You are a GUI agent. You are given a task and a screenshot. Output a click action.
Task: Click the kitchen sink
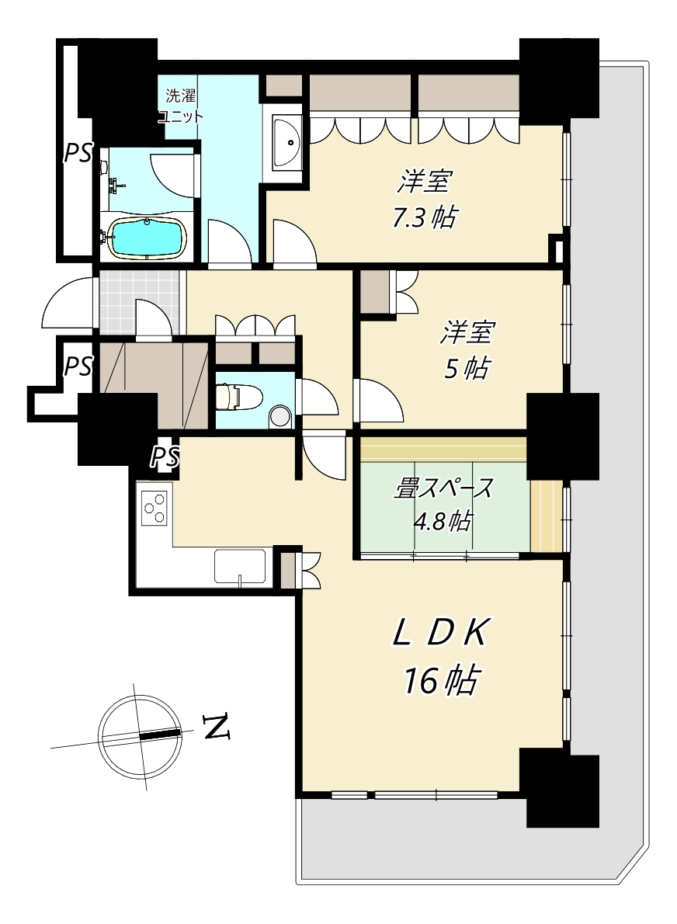point(240,566)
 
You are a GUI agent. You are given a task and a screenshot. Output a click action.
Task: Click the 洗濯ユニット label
point(181,106)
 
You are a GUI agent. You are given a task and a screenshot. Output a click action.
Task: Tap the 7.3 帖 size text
point(424,217)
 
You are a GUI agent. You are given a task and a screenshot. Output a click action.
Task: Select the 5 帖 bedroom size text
point(466,370)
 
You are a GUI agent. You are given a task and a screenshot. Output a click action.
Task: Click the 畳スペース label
point(443,488)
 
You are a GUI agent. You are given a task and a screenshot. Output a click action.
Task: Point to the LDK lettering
point(440,634)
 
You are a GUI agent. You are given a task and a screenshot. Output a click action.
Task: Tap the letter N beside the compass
point(217,727)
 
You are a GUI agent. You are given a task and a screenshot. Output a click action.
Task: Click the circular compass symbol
point(141,735)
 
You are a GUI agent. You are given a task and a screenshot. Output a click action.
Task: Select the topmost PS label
point(78,154)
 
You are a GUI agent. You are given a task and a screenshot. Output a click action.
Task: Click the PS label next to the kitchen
point(165,457)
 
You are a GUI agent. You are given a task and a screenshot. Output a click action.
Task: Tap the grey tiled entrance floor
point(138,303)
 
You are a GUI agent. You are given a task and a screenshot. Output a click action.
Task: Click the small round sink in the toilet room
point(280,417)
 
